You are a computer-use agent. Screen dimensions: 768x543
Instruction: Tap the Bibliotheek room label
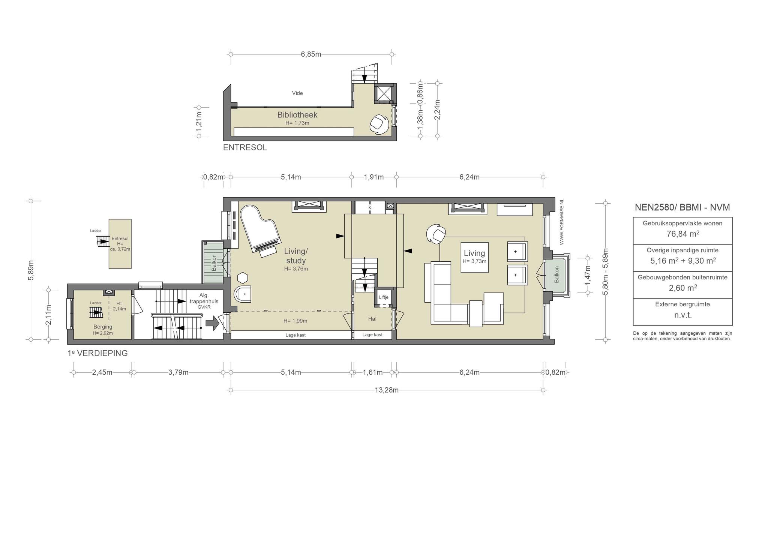click(297, 115)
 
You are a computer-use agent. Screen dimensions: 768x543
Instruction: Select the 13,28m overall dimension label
click(387, 390)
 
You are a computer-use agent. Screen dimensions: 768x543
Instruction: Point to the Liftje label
click(384, 297)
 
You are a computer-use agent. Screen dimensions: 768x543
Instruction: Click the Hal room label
click(372, 319)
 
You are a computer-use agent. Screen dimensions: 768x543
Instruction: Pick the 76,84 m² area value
click(682, 234)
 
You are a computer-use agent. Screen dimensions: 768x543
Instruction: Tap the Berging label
click(103, 327)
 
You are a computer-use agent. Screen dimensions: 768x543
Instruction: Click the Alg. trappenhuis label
click(204, 298)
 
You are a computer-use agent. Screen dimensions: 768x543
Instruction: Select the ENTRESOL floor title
click(245, 148)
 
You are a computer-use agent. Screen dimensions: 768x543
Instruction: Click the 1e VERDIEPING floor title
click(97, 353)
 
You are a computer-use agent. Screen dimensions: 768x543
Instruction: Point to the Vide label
click(297, 93)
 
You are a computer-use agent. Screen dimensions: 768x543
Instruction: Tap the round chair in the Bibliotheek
click(379, 124)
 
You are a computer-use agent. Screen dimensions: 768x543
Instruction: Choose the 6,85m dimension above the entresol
click(311, 54)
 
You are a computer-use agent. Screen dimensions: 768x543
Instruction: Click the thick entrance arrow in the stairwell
click(213, 323)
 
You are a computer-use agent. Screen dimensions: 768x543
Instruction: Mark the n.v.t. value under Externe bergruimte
click(682, 315)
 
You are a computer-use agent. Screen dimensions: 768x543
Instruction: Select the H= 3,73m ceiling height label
click(474, 261)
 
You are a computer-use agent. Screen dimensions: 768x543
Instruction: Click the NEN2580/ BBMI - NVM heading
click(682, 207)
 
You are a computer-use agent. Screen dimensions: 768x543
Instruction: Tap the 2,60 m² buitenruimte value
click(682, 288)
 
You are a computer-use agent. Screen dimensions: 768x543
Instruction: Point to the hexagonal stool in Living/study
click(243, 278)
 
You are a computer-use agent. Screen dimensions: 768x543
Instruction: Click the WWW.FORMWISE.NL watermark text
click(562, 221)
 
